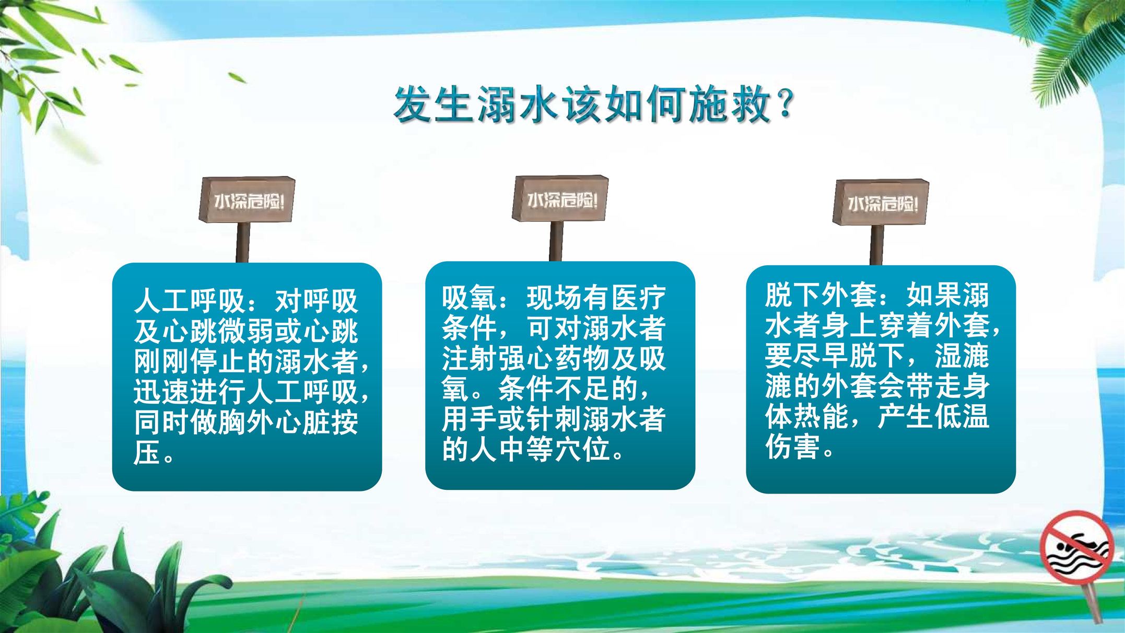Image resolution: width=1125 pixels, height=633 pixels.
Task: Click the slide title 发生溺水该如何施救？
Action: pyautogui.click(x=594, y=104)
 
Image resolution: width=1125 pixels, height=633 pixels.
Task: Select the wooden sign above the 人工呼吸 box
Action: pyautogui.click(x=247, y=200)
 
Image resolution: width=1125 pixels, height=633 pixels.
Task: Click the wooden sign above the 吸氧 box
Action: pyautogui.click(x=560, y=198)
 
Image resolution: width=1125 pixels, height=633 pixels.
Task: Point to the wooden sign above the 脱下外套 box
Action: pyautogui.click(x=881, y=202)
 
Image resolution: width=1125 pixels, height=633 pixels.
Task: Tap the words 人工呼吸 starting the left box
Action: pyautogui.click(x=190, y=301)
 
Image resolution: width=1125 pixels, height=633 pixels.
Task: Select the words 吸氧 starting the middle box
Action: pyautogui.click(x=470, y=298)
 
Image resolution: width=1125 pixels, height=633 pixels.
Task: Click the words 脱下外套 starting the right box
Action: pyautogui.click(x=821, y=295)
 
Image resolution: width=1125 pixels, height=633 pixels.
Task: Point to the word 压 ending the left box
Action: pyautogui.click(x=147, y=452)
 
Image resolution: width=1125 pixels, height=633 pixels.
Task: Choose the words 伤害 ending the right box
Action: pyautogui.click(x=792, y=447)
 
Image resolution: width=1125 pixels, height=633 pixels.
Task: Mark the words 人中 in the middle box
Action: pyautogui.click(x=498, y=449)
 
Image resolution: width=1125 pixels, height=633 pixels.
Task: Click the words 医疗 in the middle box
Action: pyautogui.click(x=638, y=298)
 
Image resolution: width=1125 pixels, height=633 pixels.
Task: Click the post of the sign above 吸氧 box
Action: pyautogui.click(x=556, y=241)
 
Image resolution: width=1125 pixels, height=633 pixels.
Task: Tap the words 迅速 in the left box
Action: pyautogui.click(x=161, y=392)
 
